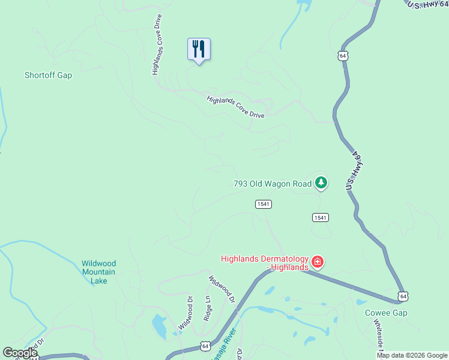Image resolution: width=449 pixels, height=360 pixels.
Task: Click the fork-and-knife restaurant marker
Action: point(199,49)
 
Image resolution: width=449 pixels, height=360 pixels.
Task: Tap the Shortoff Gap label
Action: point(48,76)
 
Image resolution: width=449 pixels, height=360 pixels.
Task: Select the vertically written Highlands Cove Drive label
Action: point(157,44)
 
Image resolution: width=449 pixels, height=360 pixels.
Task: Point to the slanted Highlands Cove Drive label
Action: point(236,107)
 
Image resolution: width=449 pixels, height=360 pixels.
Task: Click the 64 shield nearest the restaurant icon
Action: point(342,56)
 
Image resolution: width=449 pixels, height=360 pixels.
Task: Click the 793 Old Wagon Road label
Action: point(273,184)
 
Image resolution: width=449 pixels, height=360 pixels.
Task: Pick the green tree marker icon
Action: point(321,182)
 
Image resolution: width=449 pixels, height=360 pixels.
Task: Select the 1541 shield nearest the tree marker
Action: point(320,217)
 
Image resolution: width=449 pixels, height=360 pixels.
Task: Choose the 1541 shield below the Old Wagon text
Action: point(264,204)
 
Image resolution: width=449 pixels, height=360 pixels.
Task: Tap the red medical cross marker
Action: point(318,262)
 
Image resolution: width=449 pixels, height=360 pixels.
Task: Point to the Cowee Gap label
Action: point(386,313)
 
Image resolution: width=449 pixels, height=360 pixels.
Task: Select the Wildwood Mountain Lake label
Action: point(98,272)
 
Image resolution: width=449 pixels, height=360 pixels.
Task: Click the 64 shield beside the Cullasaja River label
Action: point(206,346)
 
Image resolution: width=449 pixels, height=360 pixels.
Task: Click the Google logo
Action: point(20,353)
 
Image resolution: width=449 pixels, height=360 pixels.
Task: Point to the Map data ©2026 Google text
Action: point(412,355)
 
